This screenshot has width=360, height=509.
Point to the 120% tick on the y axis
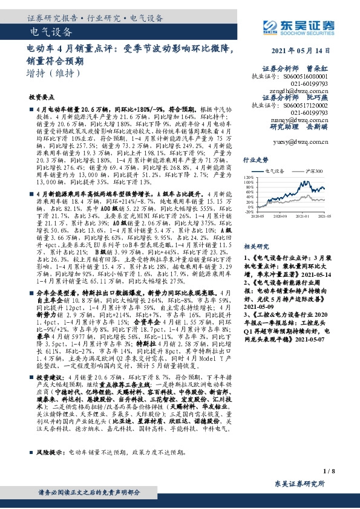[248, 178]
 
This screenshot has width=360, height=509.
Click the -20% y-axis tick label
[248, 212]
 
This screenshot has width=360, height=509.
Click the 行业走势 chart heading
[255, 160]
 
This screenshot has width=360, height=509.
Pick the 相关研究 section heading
[255, 230]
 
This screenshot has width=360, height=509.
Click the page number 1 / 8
[329, 470]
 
